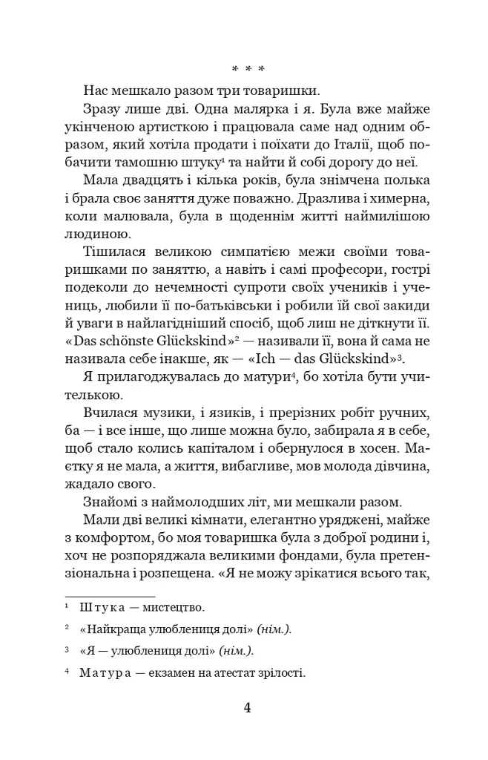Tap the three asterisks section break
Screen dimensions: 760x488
click(x=243, y=70)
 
